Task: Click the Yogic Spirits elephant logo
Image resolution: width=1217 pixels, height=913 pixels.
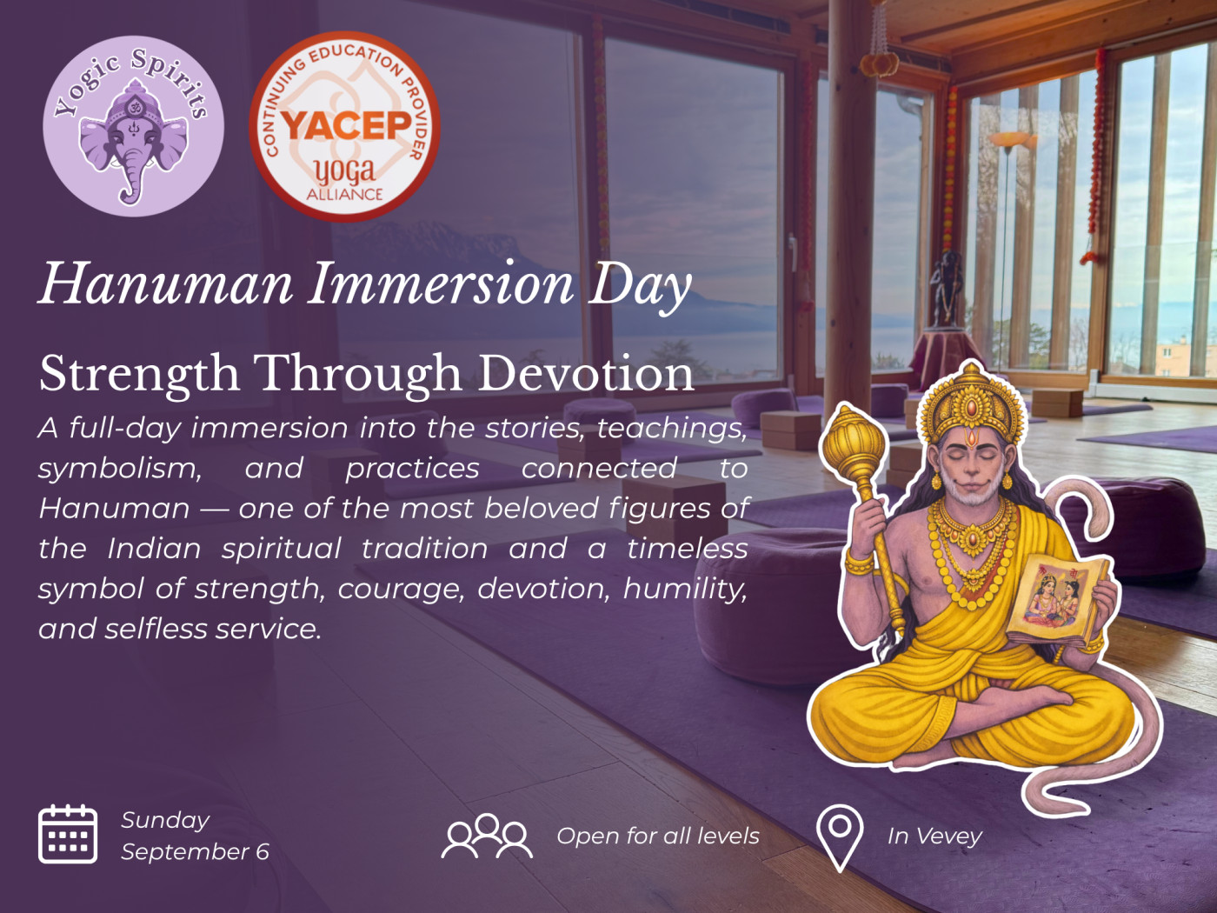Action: (x=134, y=126)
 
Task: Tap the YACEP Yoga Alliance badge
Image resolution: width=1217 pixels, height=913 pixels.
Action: (x=344, y=127)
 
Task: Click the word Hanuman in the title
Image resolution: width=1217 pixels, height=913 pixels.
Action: (x=165, y=284)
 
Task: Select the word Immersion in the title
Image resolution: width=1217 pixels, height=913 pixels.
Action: (x=442, y=284)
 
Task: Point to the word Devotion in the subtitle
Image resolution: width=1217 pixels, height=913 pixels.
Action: (x=586, y=374)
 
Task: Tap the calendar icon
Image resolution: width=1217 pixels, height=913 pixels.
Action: (x=68, y=834)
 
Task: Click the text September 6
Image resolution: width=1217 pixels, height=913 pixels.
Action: (x=196, y=852)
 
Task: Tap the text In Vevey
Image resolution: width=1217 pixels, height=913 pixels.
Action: (x=934, y=836)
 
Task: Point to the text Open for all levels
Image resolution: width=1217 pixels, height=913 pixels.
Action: (x=658, y=836)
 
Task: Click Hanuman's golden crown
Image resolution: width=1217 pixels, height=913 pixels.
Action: (x=971, y=403)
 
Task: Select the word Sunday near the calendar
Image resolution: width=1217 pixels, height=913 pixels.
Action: (x=165, y=821)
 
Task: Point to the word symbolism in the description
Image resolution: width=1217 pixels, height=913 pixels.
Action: (x=120, y=469)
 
